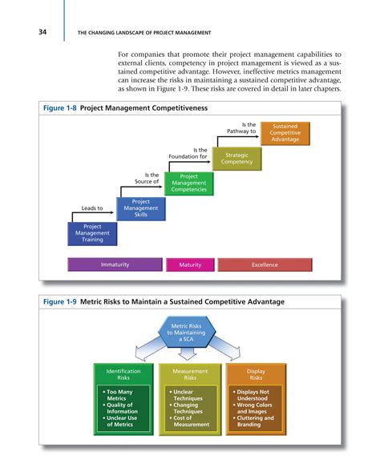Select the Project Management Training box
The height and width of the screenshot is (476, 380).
(92, 233)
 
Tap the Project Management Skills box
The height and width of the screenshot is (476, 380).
(140, 209)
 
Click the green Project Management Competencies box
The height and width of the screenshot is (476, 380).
(188, 184)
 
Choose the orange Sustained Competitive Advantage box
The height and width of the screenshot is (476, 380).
(286, 132)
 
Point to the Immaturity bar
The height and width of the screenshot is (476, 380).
(114, 264)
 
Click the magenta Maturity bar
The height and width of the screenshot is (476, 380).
(189, 264)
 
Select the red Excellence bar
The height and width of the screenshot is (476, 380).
(264, 264)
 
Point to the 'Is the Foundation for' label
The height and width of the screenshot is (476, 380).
(189, 152)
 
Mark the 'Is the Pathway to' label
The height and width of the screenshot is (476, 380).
(241, 127)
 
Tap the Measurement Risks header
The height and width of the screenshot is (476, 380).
(189, 374)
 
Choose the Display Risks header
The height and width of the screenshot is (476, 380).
(255, 374)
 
